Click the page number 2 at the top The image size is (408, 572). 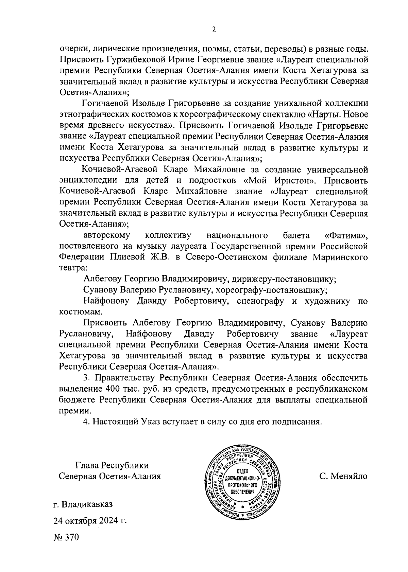click(x=214, y=30)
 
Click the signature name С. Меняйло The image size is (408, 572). click(x=343, y=476)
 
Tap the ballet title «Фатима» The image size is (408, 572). click(x=346, y=235)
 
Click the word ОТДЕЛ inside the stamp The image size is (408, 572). click(x=242, y=471)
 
